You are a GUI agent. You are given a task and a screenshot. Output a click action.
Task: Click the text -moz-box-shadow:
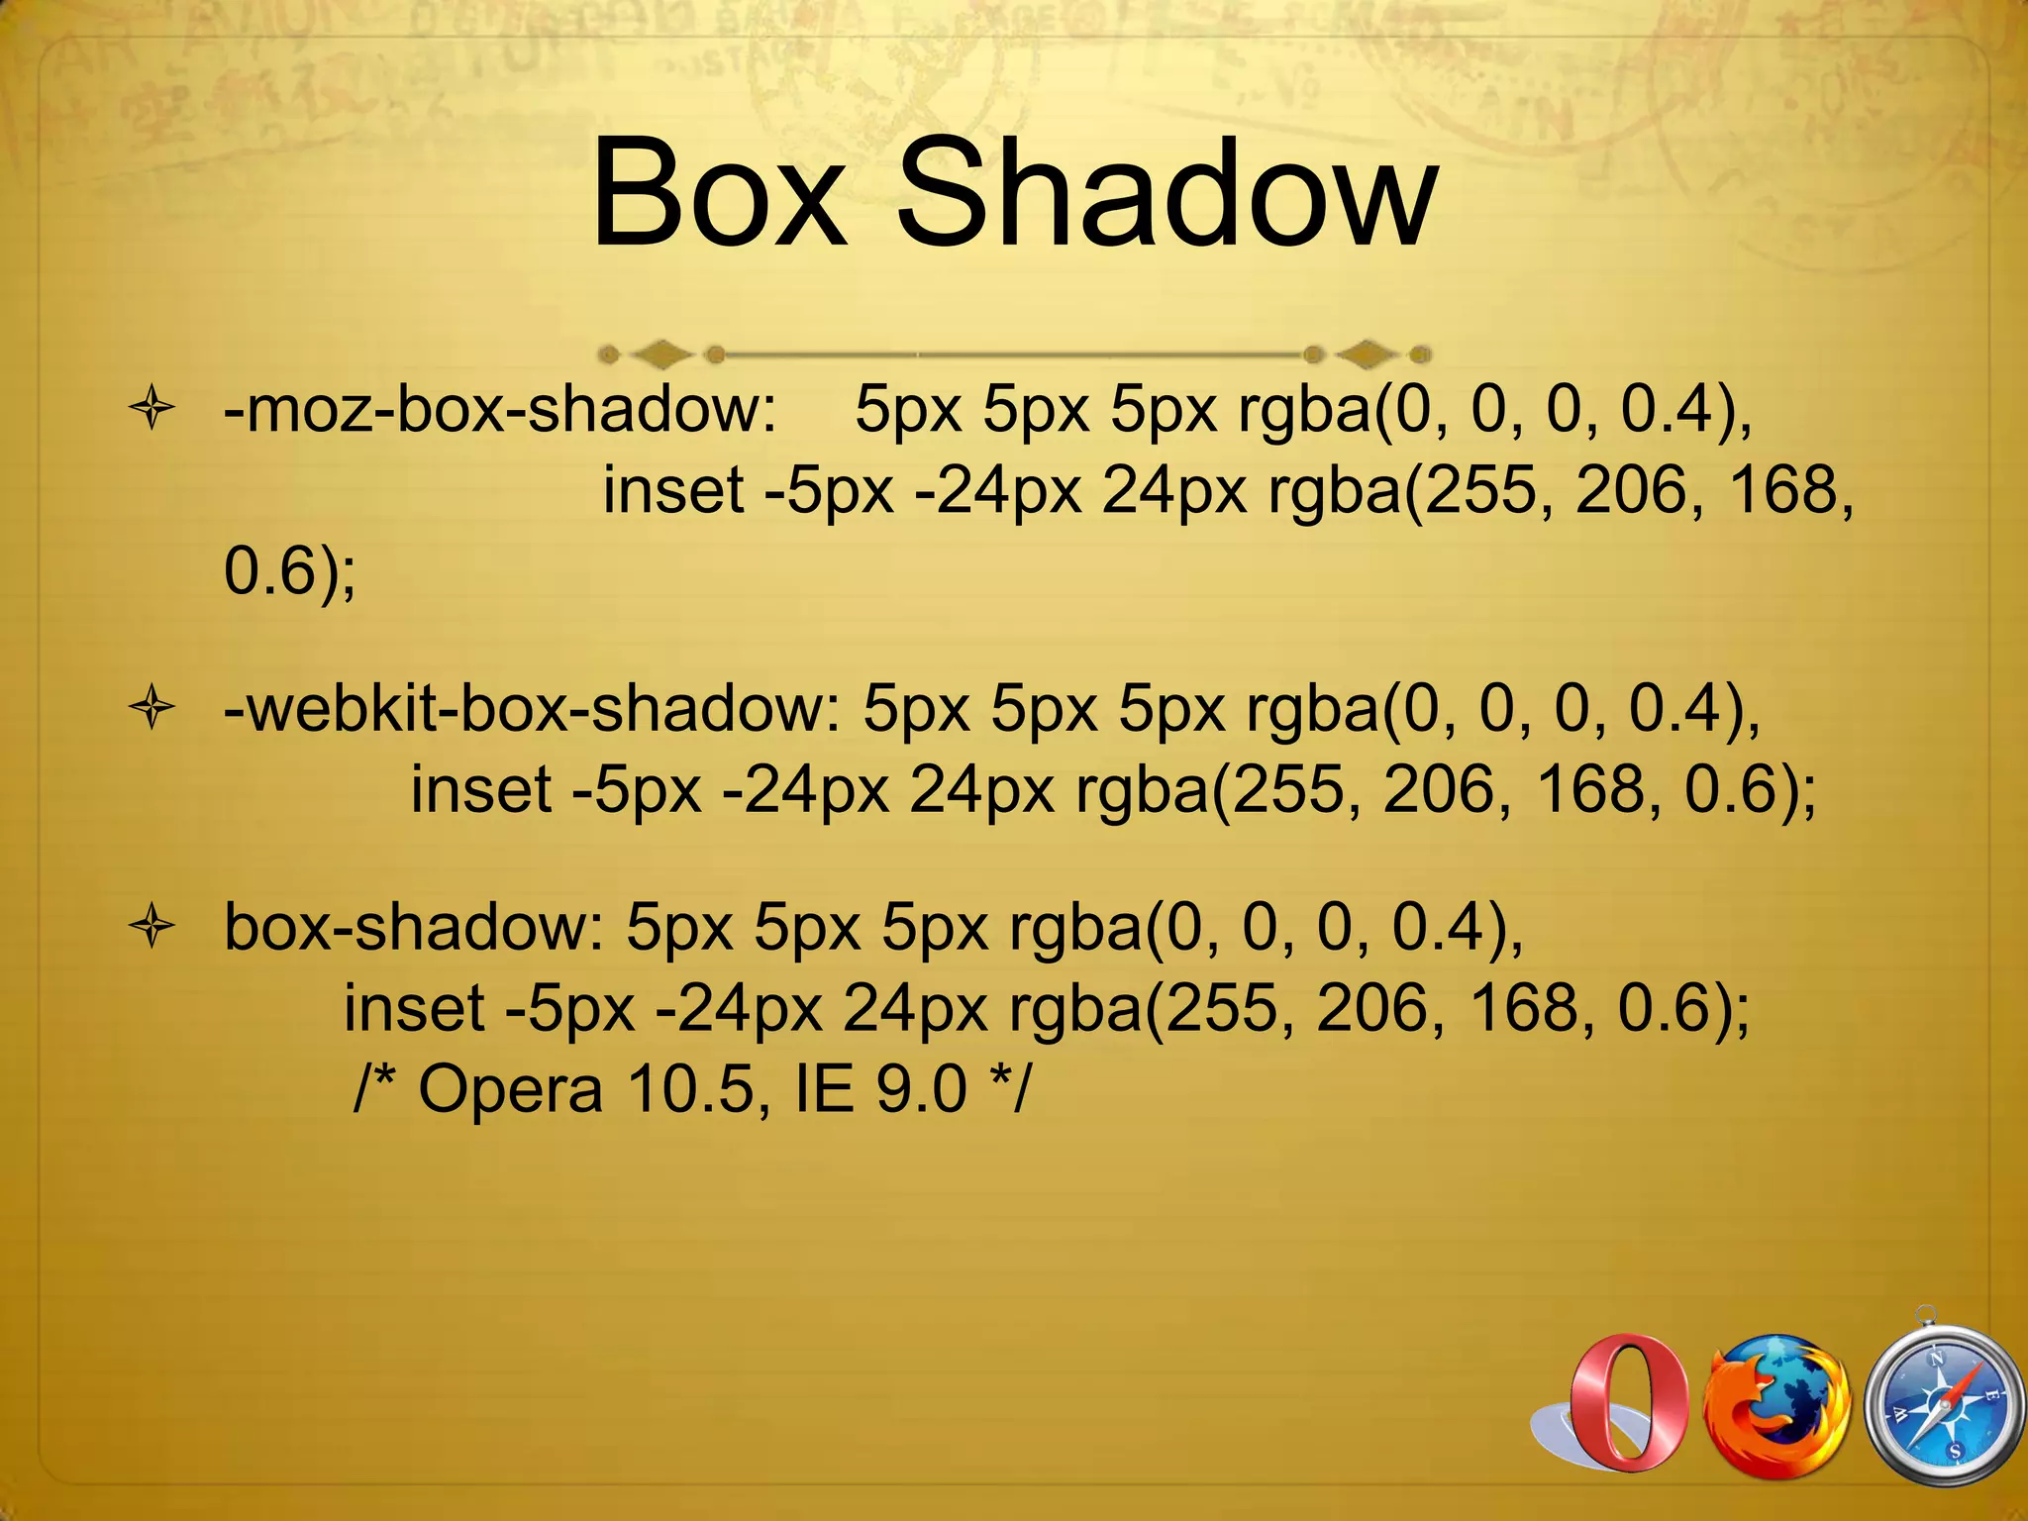pyautogui.click(x=500, y=408)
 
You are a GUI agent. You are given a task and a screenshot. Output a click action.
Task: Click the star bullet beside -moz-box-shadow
pyautogui.click(x=152, y=409)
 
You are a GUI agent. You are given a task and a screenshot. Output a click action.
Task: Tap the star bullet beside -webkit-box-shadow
pyautogui.click(x=152, y=709)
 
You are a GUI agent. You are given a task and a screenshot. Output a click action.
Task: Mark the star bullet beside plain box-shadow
pyautogui.click(x=152, y=928)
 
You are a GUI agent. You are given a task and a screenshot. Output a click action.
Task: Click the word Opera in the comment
pyautogui.click(x=510, y=1089)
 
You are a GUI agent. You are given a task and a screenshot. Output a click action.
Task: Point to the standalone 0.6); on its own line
pyautogui.click(x=290, y=571)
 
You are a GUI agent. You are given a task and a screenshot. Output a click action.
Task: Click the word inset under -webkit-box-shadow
pyautogui.click(x=481, y=790)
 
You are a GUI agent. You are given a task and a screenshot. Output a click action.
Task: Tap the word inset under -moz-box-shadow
pyautogui.click(x=673, y=490)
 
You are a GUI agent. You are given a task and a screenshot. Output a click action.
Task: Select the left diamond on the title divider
pyautogui.click(x=661, y=353)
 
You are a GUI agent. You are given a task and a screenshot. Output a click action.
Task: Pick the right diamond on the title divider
pyautogui.click(x=1368, y=353)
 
